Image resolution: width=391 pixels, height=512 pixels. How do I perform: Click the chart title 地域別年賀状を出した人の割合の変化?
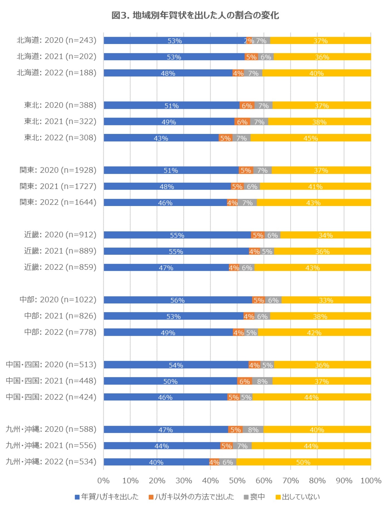(195, 15)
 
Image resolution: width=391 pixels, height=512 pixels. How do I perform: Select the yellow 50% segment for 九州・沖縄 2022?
(304, 462)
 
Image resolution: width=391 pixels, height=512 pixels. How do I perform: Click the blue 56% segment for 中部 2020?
(178, 300)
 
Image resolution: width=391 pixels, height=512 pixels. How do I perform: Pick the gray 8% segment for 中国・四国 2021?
(262, 381)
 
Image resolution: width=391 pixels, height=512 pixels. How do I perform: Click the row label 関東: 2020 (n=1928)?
(58, 170)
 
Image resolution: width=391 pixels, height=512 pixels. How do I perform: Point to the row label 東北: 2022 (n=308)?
(60, 138)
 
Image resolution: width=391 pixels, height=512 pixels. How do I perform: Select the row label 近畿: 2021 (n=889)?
(60, 251)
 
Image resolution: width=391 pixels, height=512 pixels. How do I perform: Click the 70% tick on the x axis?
(290, 481)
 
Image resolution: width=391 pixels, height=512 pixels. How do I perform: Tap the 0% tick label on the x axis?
(103, 481)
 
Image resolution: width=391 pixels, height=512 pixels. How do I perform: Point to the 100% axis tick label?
(371, 481)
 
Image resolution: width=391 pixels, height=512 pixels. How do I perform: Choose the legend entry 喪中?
(254, 497)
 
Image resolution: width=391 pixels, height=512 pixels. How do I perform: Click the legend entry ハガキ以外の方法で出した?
(191, 497)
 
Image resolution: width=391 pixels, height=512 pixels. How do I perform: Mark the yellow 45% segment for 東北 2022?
(311, 138)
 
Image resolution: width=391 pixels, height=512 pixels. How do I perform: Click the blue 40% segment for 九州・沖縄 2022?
(156, 462)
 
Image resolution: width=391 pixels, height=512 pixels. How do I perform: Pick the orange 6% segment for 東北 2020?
(247, 105)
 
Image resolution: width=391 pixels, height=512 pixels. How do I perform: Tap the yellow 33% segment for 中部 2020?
(326, 300)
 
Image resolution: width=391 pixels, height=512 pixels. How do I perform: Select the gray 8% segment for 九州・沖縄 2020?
(253, 429)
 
